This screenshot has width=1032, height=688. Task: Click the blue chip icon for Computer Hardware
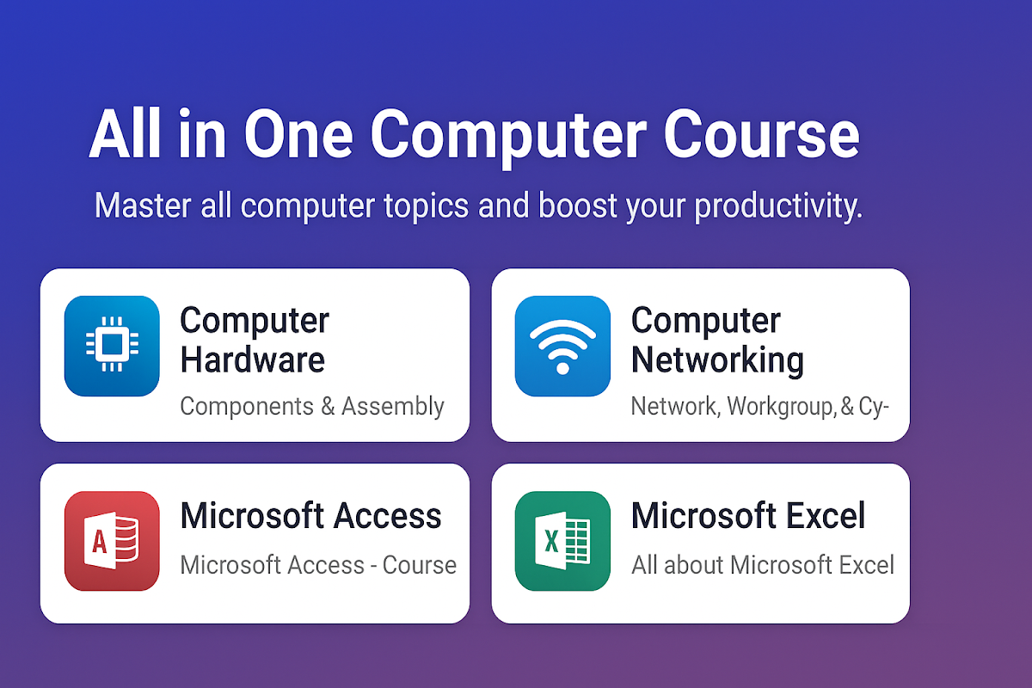[x=112, y=346]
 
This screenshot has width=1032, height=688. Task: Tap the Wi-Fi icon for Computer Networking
[x=562, y=346]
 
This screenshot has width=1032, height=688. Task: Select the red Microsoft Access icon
[x=112, y=541]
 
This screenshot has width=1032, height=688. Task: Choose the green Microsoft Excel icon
[x=562, y=541]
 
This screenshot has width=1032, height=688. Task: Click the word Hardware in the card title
[x=253, y=359]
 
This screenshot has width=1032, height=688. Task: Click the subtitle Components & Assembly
[x=312, y=407]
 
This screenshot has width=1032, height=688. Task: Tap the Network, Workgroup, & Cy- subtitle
[x=759, y=407]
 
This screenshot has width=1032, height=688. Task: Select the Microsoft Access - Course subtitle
[x=318, y=565]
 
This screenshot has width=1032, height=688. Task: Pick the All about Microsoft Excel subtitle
[x=763, y=565]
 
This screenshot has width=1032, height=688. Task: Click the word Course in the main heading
[x=762, y=135]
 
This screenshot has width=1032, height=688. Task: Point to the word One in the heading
[x=298, y=135]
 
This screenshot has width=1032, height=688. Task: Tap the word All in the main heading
[x=126, y=133]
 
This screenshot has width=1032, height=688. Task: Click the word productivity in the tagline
[x=778, y=206]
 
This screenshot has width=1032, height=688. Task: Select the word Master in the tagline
[x=143, y=206]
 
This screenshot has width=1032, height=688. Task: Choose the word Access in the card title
[x=387, y=516]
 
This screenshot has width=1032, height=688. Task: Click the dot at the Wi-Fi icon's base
[x=562, y=368]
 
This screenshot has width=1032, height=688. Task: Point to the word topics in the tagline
[x=427, y=206]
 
